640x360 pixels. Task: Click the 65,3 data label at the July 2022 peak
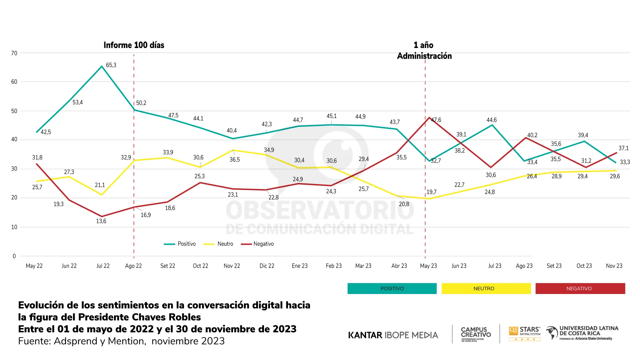tap(111, 65)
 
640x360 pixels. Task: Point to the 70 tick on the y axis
tap(14, 53)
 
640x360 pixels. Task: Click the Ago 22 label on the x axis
tap(133, 266)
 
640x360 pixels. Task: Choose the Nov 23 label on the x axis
tap(614, 266)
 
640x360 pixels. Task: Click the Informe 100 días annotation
tap(134, 45)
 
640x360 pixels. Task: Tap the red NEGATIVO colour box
tap(580, 289)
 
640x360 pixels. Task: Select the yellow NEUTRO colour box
tap(486, 289)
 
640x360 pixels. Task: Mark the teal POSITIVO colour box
tap(392, 289)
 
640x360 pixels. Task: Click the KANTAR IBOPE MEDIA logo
tap(393, 335)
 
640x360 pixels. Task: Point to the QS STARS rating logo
tap(525, 333)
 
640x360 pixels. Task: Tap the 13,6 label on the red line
tap(101, 221)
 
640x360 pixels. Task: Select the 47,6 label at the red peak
tap(436, 120)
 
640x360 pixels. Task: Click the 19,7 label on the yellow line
tap(431, 192)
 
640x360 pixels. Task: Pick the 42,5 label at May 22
tap(46, 132)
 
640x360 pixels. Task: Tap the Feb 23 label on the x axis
tap(334, 266)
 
